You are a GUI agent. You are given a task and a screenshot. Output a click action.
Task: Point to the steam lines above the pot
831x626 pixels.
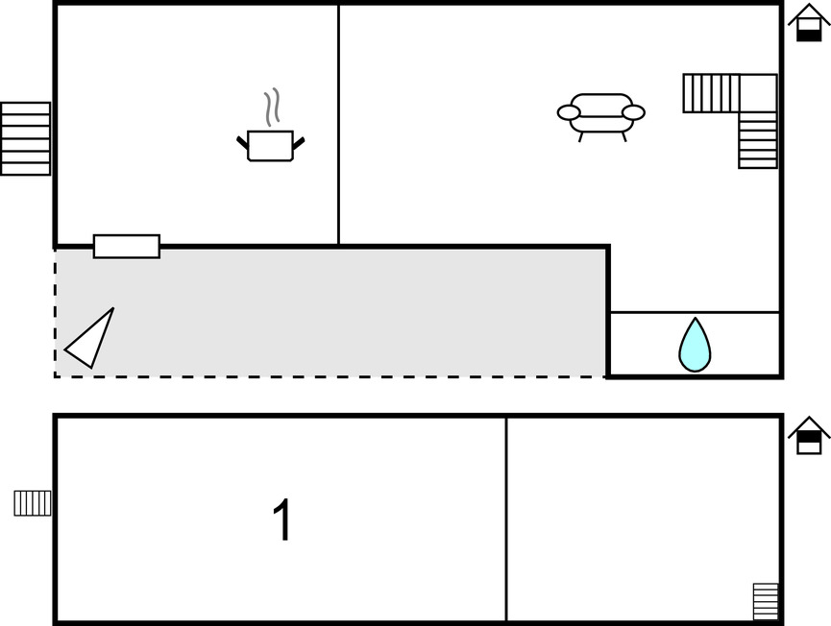pos(273,108)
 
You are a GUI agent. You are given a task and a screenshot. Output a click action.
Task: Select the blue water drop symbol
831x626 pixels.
pos(695,345)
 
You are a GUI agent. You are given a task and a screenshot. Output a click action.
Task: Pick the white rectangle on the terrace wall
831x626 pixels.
pos(127,247)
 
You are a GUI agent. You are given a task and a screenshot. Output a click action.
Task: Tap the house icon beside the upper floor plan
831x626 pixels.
pos(809,23)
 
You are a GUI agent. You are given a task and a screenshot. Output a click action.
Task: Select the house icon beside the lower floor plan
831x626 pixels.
pos(809,437)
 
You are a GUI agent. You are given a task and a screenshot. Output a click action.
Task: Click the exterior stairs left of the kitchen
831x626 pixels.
pos(25,138)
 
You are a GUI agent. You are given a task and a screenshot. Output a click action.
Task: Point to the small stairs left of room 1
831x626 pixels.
pos(33,503)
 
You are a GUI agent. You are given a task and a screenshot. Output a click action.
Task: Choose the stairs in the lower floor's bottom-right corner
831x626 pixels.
pos(766,601)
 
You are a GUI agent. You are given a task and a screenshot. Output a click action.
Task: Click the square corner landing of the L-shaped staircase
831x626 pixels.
pos(758,92)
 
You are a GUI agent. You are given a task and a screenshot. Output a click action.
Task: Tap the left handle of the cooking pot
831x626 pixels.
pos(242,144)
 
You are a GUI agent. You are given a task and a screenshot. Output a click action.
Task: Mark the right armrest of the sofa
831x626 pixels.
pos(633,112)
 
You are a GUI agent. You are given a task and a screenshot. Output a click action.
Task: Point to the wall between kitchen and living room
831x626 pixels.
pos(339,125)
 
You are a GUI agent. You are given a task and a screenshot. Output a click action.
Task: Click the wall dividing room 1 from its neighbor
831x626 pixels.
pos(506,518)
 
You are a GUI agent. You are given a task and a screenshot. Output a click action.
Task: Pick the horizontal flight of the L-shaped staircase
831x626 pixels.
pos(711,93)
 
